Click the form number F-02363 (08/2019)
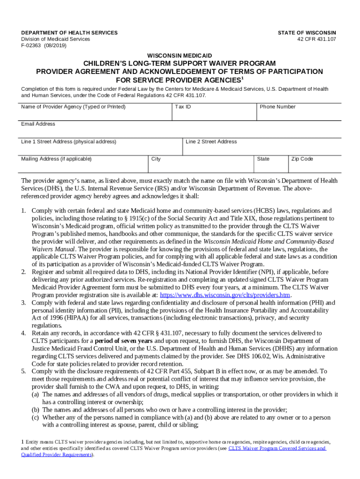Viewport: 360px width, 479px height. coord(44,46)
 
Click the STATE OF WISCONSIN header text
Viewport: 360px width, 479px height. coord(307,33)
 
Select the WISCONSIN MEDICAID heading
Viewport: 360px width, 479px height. coord(180,56)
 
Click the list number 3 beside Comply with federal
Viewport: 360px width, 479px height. coord(23,303)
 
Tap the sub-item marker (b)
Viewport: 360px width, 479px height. coord(36,409)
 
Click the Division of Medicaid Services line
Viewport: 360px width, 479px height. coord(56,39)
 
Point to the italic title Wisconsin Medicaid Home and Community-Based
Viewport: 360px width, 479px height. coord(269,241)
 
